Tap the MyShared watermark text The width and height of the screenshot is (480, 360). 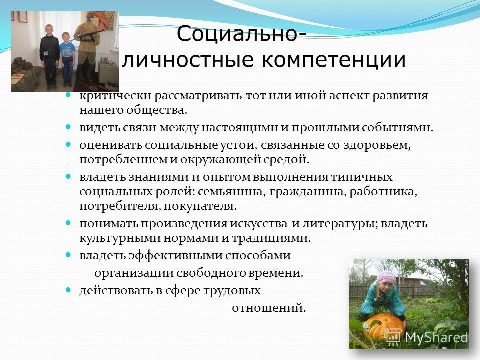(x=436, y=337)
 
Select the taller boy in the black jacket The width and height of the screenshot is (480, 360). (x=49, y=56)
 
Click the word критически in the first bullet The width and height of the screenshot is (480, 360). (x=115, y=96)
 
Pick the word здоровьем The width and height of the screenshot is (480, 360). (x=377, y=145)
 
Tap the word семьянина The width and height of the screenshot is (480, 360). (x=232, y=192)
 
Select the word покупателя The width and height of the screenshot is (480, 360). (x=200, y=206)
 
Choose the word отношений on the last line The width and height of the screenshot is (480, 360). (x=269, y=308)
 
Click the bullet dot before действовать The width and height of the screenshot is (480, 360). (x=68, y=289)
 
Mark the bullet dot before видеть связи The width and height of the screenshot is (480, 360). (x=68, y=126)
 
